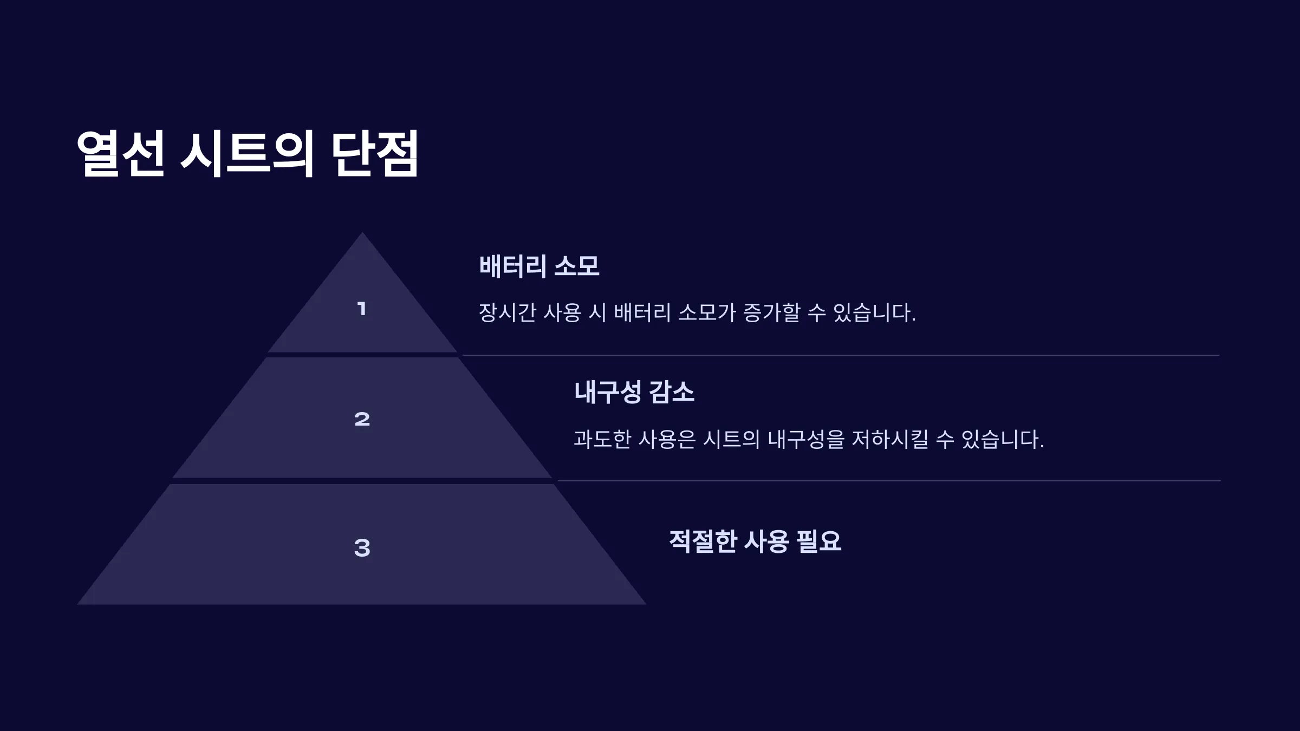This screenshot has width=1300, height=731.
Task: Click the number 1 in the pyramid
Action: [x=362, y=309]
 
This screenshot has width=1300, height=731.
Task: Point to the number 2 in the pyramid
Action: [x=362, y=419]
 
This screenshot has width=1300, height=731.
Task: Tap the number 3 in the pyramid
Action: [x=362, y=547]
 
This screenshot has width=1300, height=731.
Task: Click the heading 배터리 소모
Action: [x=539, y=266]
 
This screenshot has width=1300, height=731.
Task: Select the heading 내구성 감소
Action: [x=634, y=391]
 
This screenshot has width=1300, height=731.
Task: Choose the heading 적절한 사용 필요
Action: [x=755, y=541]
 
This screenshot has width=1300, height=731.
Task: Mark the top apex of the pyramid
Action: [x=362, y=233]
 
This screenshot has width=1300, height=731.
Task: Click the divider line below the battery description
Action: [x=841, y=355]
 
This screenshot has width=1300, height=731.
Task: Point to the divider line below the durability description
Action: [x=889, y=481]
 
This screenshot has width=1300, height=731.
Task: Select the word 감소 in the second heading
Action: [x=672, y=391]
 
